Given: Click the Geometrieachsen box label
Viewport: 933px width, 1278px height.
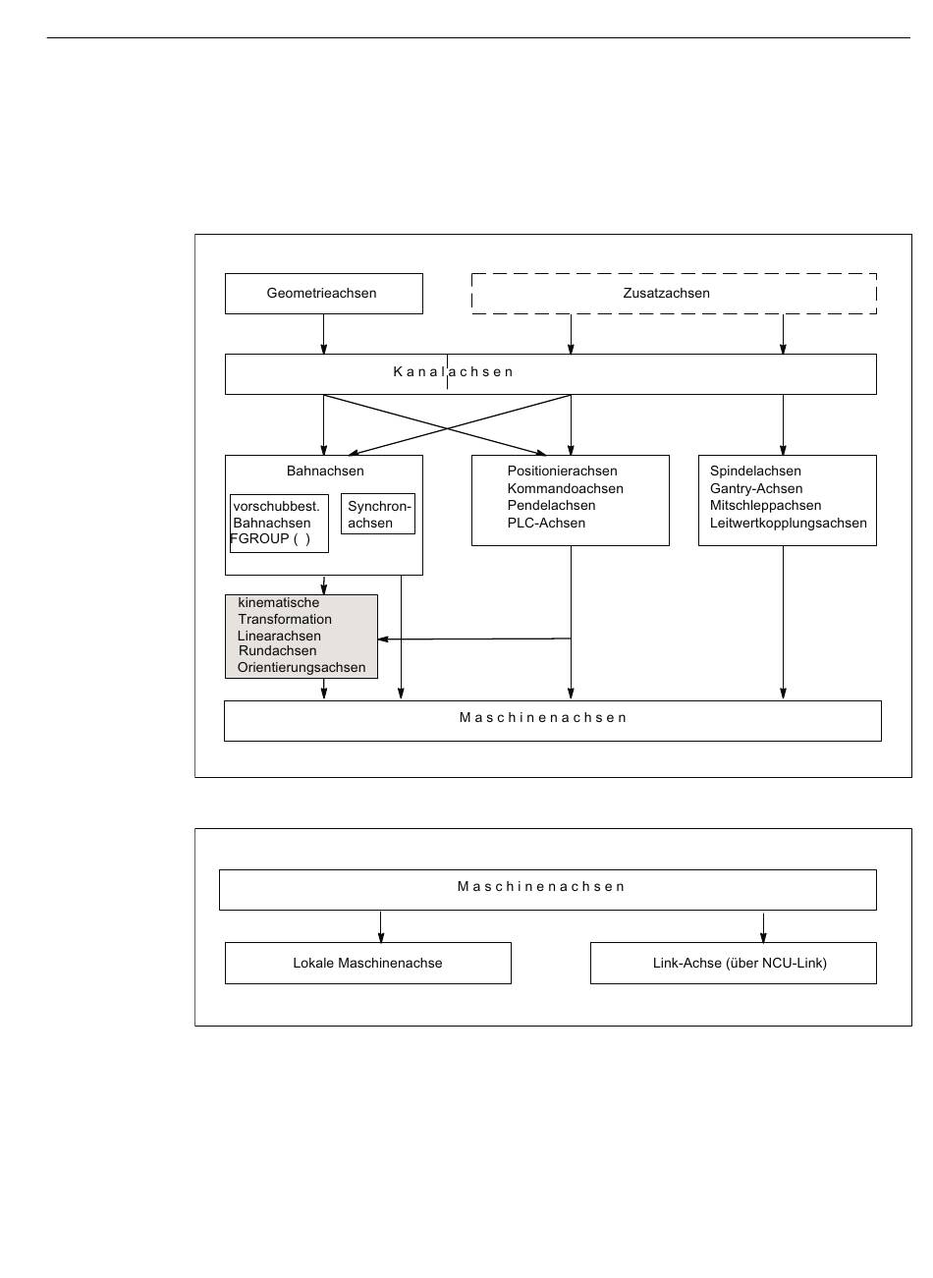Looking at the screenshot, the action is click(321, 294).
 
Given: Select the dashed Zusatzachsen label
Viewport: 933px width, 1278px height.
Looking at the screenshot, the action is click(666, 294).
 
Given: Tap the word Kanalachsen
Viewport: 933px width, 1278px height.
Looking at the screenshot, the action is click(454, 372).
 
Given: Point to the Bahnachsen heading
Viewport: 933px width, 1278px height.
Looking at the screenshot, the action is click(325, 471).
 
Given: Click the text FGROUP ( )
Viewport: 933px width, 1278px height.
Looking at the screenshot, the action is click(270, 538).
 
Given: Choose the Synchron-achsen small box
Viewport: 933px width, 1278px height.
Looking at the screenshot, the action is click(377, 514).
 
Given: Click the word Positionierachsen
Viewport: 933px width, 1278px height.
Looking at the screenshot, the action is click(563, 471).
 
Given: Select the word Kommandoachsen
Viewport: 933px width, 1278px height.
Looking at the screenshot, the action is click(565, 488).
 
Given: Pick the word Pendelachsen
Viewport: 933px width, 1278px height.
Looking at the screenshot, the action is click(552, 506).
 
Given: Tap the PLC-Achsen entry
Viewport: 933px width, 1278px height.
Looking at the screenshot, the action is click(546, 523).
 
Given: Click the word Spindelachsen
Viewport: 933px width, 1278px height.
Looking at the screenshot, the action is click(755, 471).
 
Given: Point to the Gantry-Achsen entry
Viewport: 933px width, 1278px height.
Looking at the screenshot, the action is click(756, 488).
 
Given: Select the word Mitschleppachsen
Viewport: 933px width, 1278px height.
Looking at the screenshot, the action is click(765, 506).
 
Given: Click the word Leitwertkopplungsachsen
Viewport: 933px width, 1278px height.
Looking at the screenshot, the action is click(789, 523).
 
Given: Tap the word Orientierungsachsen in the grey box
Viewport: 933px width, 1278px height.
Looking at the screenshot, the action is click(302, 668).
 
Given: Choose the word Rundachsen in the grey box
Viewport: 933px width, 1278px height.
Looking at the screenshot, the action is click(277, 651).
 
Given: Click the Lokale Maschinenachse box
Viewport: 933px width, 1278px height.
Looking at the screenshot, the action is click(368, 963).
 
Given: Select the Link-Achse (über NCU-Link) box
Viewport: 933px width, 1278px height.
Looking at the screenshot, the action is click(734, 963).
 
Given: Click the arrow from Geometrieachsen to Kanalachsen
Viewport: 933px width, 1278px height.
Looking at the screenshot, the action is click(324, 334).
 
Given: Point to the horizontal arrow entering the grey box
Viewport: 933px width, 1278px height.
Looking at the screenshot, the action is click(474, 639).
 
